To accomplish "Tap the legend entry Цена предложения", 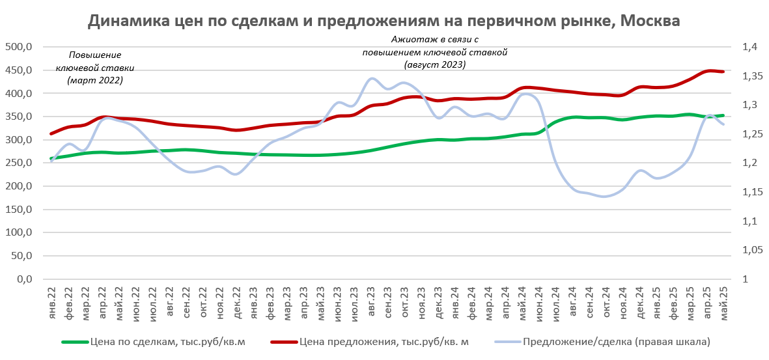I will tap(384, 341).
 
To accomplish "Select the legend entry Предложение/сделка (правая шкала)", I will tap(615, 341).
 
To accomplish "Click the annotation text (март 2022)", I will tap(95, 80).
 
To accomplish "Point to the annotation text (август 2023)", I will tap(435, 64).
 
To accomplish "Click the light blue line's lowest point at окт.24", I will tap(606, 196).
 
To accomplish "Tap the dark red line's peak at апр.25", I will tap(709, 70).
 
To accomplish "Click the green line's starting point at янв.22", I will tap(51, 158).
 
